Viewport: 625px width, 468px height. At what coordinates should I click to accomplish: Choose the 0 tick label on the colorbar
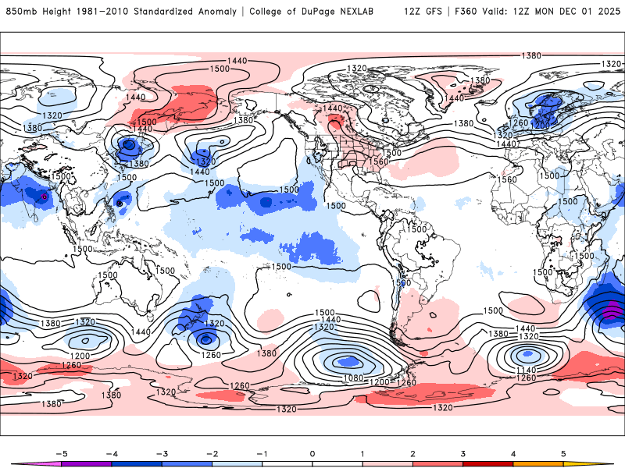[312, 453]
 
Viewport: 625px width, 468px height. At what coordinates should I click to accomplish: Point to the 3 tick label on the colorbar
[463, 453]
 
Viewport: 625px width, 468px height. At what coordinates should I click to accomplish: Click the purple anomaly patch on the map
[613, 309]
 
